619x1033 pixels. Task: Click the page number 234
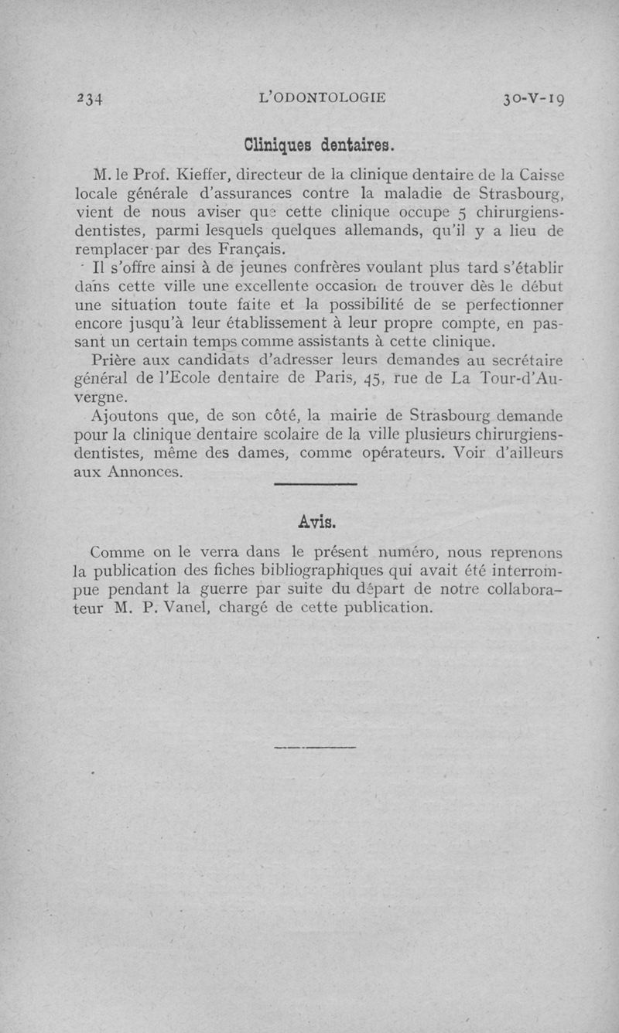click(91, 98)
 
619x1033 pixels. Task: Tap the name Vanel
click(183, 608)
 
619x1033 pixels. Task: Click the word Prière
click(115, 360)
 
